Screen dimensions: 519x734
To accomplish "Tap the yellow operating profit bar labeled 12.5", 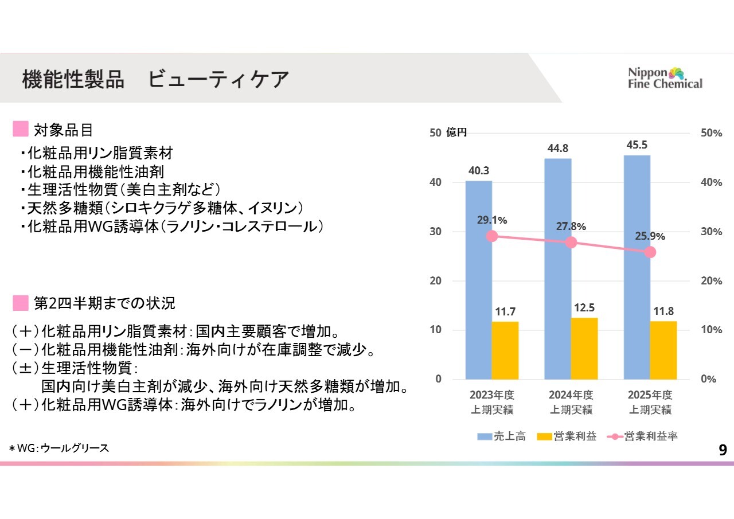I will click(584, 348).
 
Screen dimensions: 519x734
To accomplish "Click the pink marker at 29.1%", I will click(491, 236).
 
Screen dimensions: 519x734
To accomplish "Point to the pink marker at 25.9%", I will click(650, 252).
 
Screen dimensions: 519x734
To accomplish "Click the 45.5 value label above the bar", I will click(637, 145).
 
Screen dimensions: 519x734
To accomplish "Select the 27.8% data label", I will click(571, 227).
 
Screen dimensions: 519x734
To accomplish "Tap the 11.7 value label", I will click(505, 312).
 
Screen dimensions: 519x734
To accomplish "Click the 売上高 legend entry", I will click(501, 436).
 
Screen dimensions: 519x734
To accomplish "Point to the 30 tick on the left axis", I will click(436, 232).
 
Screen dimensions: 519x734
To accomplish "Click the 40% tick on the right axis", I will click(711, 182).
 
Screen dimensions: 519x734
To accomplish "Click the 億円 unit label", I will click(456, 132).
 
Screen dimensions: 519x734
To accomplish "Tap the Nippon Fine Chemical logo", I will click(665, 78).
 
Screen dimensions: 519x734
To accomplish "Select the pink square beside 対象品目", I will click(21, 129).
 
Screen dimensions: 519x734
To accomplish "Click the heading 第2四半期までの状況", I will click(105, 303).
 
